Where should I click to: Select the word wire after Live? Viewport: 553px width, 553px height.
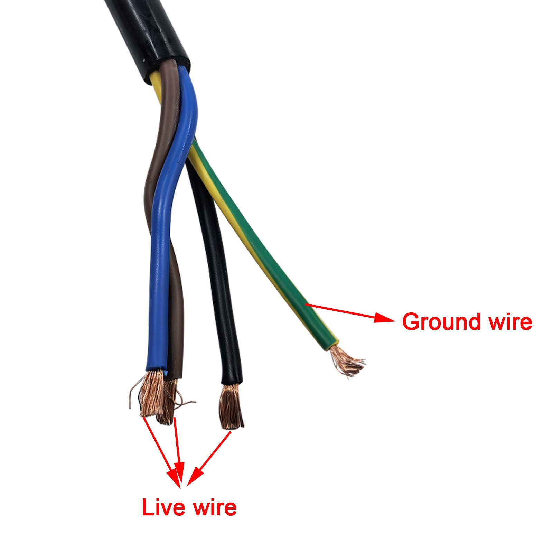point(215,508)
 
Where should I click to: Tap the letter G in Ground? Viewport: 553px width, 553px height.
point(411,322)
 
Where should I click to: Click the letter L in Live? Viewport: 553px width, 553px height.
point(147,508)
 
